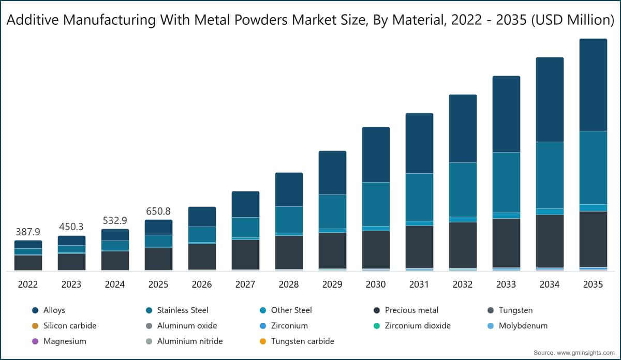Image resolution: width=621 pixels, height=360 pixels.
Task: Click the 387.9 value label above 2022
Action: [x=28, y=232]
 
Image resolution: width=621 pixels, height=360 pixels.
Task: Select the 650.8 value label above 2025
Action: [x=158, y=211]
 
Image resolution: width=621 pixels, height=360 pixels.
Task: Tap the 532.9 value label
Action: [x=115, y=221]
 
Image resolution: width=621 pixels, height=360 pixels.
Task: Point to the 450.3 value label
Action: [x=71, y=227]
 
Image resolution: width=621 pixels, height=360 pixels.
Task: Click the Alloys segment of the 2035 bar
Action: [x=593, y=85]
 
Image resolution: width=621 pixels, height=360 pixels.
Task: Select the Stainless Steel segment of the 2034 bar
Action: [x=550, y=175]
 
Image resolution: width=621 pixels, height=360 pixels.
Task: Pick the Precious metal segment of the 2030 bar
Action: [x=376, y=249]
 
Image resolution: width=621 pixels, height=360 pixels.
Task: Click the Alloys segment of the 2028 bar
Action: [x=289, y=189]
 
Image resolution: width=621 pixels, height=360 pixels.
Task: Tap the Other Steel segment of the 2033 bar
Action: [x=506, y=215]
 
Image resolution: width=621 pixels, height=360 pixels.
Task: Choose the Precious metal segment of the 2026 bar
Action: [x=202, y=256]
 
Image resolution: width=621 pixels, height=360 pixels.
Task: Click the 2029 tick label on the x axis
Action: [x=332, y=284]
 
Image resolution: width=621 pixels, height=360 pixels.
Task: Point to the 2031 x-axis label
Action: [x=419, y=284]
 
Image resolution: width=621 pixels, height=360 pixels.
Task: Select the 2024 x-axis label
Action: [x=115, y=284]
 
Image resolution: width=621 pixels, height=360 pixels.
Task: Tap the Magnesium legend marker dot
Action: [x=35, y=341]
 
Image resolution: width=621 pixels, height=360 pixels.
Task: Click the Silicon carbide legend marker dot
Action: [x=35, y=326]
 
